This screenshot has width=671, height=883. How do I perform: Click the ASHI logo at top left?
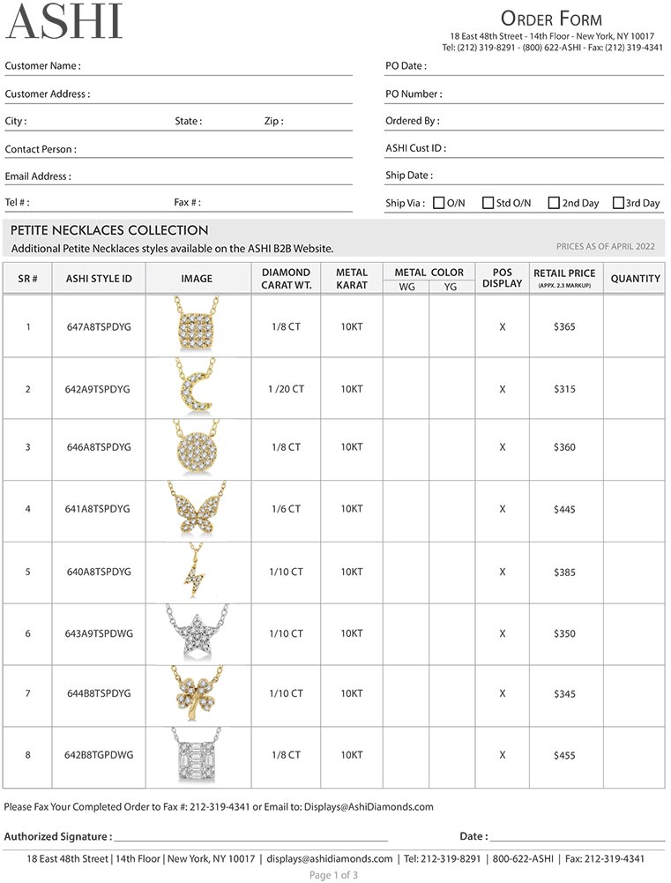coord(63,22)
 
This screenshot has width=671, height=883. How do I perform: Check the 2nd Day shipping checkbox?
coord(554,203)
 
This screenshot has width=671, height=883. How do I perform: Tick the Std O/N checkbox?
coord(488,203)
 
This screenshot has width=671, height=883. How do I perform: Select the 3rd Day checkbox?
coord(618,203)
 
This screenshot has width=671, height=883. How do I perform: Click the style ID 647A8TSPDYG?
coord(99,326)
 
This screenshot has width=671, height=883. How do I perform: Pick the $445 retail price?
coord(564,509)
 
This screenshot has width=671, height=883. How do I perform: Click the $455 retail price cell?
coord(564,755)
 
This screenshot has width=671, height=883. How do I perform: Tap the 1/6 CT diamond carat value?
coord(286,509)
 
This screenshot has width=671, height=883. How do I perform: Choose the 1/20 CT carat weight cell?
coord(286,389)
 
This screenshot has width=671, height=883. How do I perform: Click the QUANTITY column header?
coord(635,279)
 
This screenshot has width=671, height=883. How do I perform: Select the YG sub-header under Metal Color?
coord(451,287)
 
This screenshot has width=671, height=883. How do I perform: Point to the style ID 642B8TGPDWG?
coord(99,755)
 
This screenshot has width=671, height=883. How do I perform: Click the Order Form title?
coord(551,19)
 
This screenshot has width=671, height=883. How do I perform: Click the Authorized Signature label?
coord(58,836)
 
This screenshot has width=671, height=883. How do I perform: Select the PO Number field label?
coord(414,94)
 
